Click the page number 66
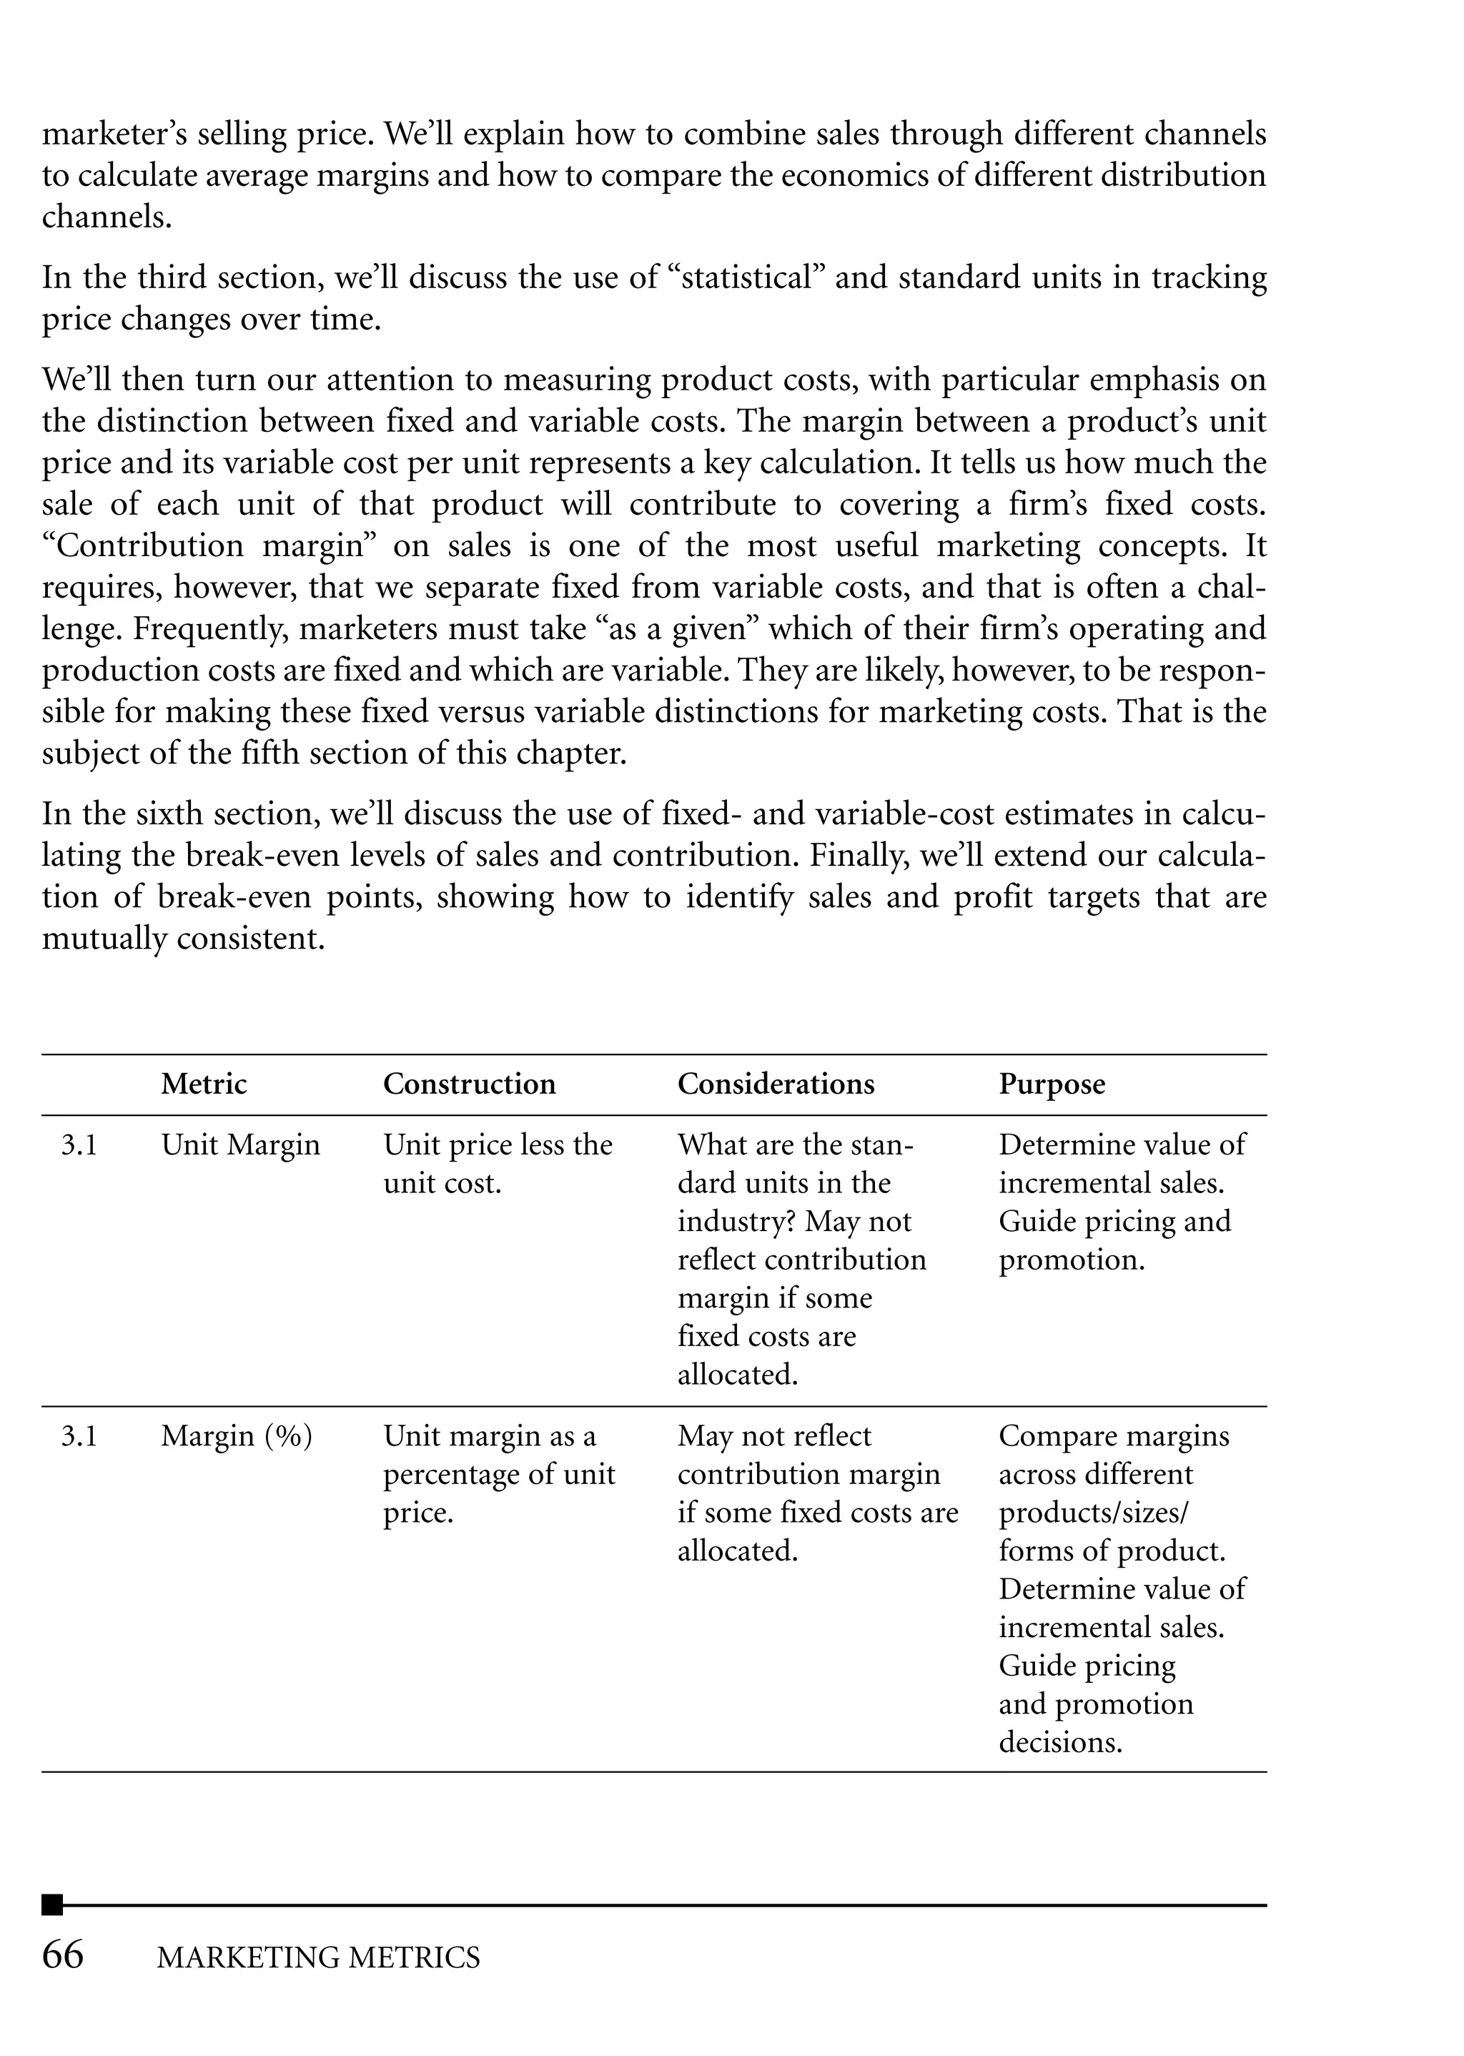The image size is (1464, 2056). pos(63,1954)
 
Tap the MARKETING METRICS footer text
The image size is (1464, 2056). pos(318,1957)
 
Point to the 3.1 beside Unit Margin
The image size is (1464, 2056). pos(79,1145)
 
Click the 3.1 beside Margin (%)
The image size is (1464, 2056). pos(79,1436)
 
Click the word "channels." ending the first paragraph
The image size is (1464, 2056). pos(107,217)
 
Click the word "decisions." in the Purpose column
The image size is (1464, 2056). pos(1060,1741)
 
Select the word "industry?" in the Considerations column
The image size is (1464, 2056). pos(736,1221)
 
